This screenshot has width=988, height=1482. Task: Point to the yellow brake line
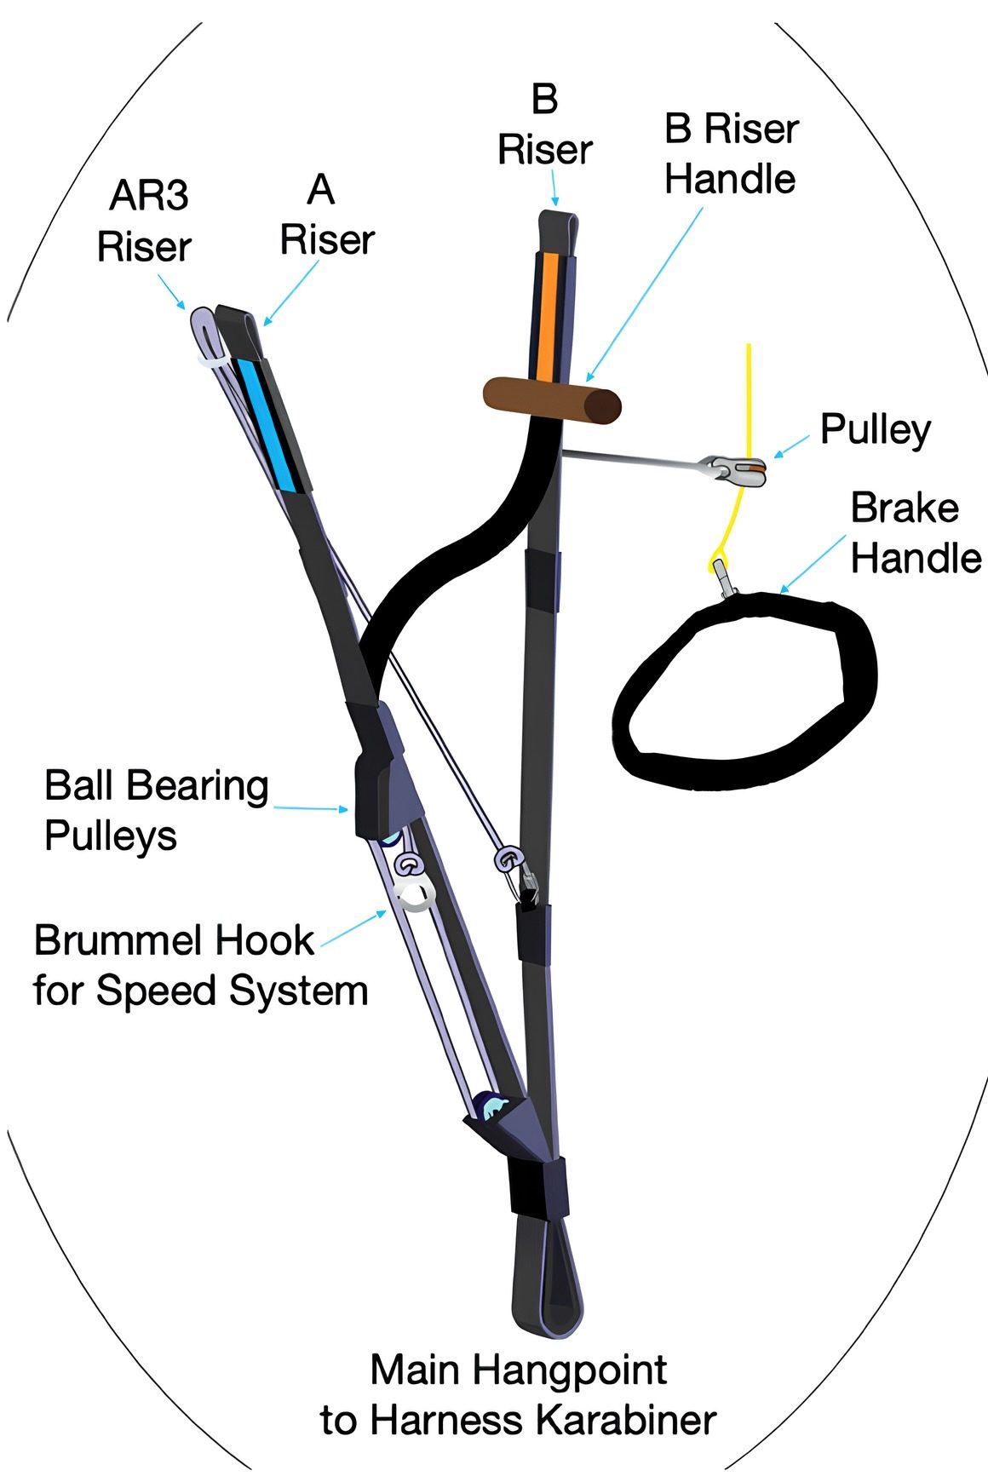coord(749,392)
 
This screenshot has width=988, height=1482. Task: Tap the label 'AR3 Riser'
coord(145,221)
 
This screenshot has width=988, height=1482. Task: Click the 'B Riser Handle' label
coord(731,154)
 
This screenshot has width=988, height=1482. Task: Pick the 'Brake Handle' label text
coord(915,533)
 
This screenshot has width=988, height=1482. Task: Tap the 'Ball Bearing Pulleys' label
coord(156,810)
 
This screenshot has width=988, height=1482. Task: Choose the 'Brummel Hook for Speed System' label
coord(200,966)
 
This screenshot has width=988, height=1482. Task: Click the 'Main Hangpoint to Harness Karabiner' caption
coord(518,1394)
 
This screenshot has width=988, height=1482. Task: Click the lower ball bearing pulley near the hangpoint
coord(495,1107)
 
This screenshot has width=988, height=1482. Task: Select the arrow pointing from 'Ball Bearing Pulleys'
coord(311,807)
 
